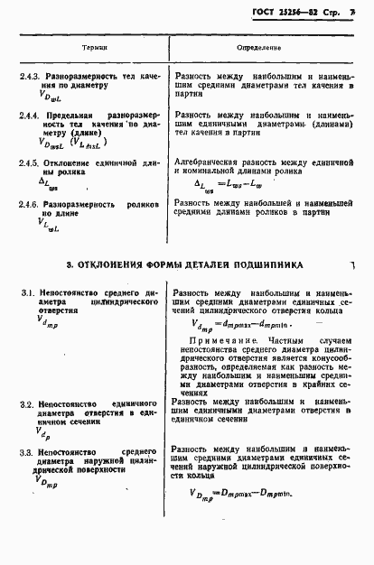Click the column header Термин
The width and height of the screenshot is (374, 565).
point(95,43)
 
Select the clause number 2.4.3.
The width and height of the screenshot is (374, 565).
point(31,78)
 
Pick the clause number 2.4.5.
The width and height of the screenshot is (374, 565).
point(31,162)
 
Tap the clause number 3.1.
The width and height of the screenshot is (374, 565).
point(26,294)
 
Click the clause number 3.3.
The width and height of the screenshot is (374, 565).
point(26,449)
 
